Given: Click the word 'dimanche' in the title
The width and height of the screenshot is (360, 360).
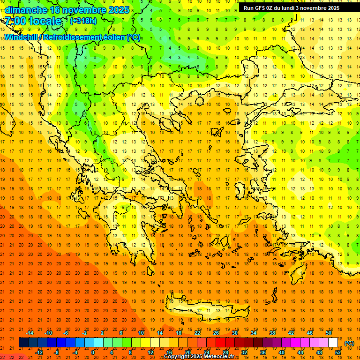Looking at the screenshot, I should point(26,10).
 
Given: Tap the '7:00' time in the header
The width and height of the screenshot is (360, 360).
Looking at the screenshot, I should point(15,21).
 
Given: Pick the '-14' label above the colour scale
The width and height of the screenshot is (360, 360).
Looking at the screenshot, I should point(30,333).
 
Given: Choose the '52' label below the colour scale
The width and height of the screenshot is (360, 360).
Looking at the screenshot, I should point(338,352).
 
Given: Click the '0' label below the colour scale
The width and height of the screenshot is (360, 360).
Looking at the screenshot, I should point(93,352).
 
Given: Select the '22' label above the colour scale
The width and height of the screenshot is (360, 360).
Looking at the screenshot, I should point(197,333).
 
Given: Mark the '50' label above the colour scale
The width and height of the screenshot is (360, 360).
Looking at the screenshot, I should point(328,333).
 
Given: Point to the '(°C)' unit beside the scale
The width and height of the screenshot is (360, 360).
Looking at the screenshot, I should point(349,343).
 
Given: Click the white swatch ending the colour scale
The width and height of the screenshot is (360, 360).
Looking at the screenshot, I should point(333,343).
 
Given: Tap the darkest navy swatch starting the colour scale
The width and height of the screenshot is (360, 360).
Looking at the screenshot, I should point(23,343).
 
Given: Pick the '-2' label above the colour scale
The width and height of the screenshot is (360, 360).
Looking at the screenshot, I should point(85,333).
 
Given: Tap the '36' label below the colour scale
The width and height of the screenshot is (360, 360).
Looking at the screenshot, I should point(263,352).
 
